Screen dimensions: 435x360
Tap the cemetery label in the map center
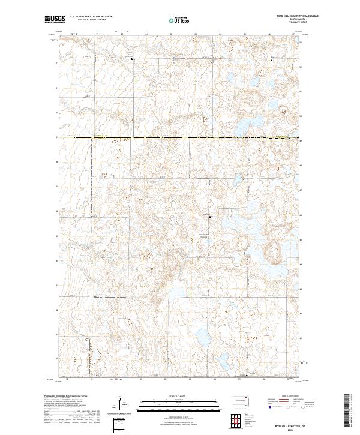pos(204,235)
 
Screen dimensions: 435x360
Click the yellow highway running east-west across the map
pos(180,138)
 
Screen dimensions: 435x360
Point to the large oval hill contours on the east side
pos(277,248)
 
